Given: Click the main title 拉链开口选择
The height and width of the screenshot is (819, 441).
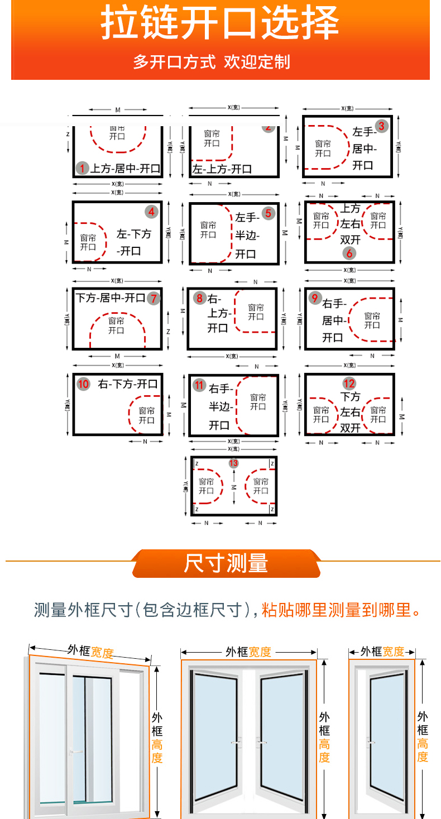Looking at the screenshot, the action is [x=220, y=23].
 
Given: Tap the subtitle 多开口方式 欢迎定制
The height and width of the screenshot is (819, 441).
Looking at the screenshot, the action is [x=212, y=61].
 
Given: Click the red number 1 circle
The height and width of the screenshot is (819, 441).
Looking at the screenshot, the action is [x=83, y=168].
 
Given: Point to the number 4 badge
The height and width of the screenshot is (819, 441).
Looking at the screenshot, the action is [x=151, y=212].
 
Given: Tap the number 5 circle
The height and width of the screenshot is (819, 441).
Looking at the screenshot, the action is [x=269, y=213].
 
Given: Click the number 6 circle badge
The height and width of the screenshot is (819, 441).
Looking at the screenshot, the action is [x=349, y=253].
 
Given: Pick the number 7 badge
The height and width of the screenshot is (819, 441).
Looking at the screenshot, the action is [x=154, y=298].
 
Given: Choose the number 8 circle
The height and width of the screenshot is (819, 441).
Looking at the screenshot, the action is [x=199, y=298].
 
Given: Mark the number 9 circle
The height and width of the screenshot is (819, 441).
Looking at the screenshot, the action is [x=315, y=298].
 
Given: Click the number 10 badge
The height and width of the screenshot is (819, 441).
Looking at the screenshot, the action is [x=83, y=384].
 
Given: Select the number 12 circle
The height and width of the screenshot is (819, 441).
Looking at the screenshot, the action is [x=349, y=384].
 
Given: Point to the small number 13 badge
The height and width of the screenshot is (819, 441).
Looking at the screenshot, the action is [x=233, y=463].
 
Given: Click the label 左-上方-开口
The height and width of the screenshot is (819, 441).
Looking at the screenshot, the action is [x=222, y=169].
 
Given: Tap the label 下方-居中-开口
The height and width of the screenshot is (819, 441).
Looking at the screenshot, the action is [x=111, y=298].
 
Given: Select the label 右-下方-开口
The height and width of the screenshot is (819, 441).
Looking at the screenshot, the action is [x=128, y=384].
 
